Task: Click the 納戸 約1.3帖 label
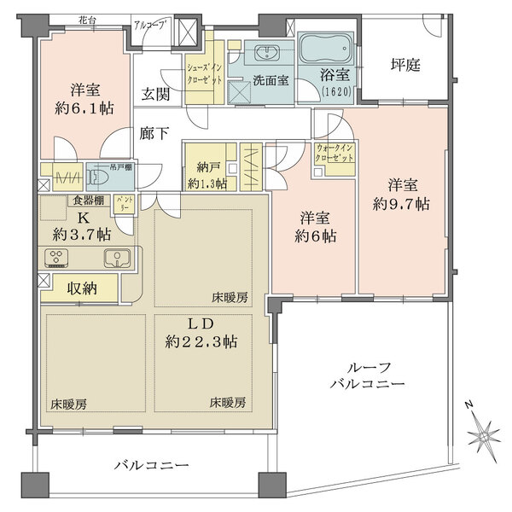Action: pyautogui.click(x=207, y=175)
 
